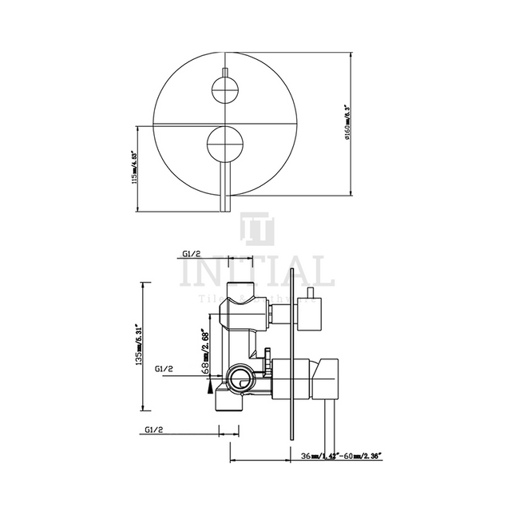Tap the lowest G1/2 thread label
[156, 430]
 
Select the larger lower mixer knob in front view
[225, 145]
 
